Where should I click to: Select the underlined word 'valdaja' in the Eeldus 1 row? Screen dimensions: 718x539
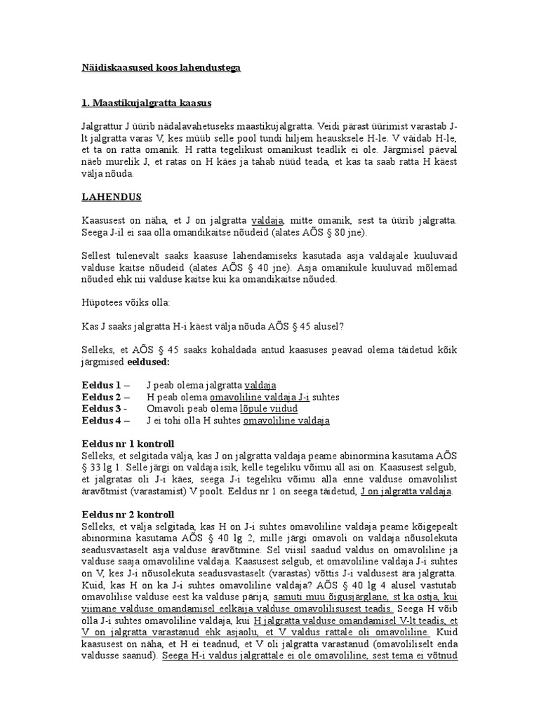(x=260, y=385)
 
